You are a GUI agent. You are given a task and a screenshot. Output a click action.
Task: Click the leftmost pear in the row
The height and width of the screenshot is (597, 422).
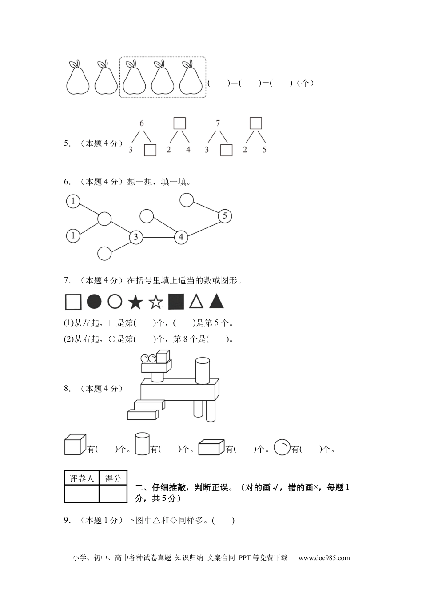coord(78,77)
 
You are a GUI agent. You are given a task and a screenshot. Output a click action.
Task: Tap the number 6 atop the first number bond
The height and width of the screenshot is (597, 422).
coord(142,123)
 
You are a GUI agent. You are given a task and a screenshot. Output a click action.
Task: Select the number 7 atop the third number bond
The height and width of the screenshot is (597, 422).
coord(218,123)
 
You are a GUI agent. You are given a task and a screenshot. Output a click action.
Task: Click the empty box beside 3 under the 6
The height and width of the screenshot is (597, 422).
coord(150,150)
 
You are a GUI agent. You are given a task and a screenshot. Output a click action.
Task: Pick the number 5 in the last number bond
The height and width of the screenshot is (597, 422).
coord(264,150)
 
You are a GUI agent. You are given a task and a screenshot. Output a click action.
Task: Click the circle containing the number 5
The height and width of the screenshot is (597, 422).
coord(225,216)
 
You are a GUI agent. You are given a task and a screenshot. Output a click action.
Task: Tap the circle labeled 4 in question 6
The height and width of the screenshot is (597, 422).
coord(181,237)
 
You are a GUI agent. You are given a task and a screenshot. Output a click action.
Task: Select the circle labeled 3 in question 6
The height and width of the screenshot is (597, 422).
coord(136,237)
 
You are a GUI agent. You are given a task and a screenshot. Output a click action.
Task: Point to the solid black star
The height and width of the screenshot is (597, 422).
coord(135,302)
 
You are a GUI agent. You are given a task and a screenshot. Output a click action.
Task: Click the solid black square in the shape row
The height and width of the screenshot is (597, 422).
coord(176,302)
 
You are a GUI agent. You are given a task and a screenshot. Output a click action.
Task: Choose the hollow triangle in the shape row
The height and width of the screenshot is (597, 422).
coord(196,302)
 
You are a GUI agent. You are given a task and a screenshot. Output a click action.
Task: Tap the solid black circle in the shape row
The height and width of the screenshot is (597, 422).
coord(94,302)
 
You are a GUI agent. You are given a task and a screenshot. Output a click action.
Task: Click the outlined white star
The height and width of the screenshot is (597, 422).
coord(155,302)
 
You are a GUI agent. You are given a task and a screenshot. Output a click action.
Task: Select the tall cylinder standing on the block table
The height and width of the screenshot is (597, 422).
coord(202,371)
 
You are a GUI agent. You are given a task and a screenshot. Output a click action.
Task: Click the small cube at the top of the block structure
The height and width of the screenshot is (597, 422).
coord(163,357)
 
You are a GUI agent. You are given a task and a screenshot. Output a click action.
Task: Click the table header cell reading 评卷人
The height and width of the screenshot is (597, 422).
coord(82,478)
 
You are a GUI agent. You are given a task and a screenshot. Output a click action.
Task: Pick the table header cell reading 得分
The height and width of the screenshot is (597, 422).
coord(113,478)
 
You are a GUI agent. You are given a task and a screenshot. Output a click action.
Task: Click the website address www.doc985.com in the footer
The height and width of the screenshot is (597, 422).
coord(324,558)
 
